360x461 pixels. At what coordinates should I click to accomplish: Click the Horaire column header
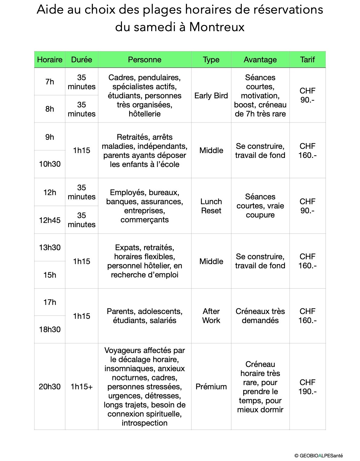tap(50, 60)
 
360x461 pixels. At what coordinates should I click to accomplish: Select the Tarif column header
tap(307, 60)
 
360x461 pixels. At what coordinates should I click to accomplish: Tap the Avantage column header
tap(260, 60)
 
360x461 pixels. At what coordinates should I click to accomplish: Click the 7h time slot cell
tap(50, 82)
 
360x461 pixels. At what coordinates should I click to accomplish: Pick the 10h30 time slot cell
tap(50, 164)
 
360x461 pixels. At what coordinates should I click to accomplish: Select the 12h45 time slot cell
tap(50, 220)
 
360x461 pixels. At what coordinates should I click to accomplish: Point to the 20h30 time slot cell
tap(50, 387)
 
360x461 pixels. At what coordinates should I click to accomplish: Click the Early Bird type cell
tap(211, 96)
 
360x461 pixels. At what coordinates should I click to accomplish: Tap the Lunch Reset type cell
tap(211, 206)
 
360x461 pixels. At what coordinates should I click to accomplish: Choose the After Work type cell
tap(211, 316)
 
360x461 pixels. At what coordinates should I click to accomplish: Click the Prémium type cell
tap(211, 387)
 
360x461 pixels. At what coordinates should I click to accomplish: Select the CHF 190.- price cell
tap(307, 387)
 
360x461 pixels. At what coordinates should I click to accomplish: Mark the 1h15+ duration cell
tap(82, 387)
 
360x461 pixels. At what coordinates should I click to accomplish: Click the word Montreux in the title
tap(217, 27)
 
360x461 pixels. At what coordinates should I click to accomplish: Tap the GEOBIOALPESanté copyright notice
tap(319, 456)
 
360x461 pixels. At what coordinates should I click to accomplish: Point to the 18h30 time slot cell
tap(50, 329)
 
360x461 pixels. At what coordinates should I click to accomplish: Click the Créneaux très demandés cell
tap(260, 316)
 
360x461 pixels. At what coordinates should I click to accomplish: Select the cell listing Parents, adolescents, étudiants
tap(145, 316)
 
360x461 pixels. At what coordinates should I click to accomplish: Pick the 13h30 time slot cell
tap(50, 247)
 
